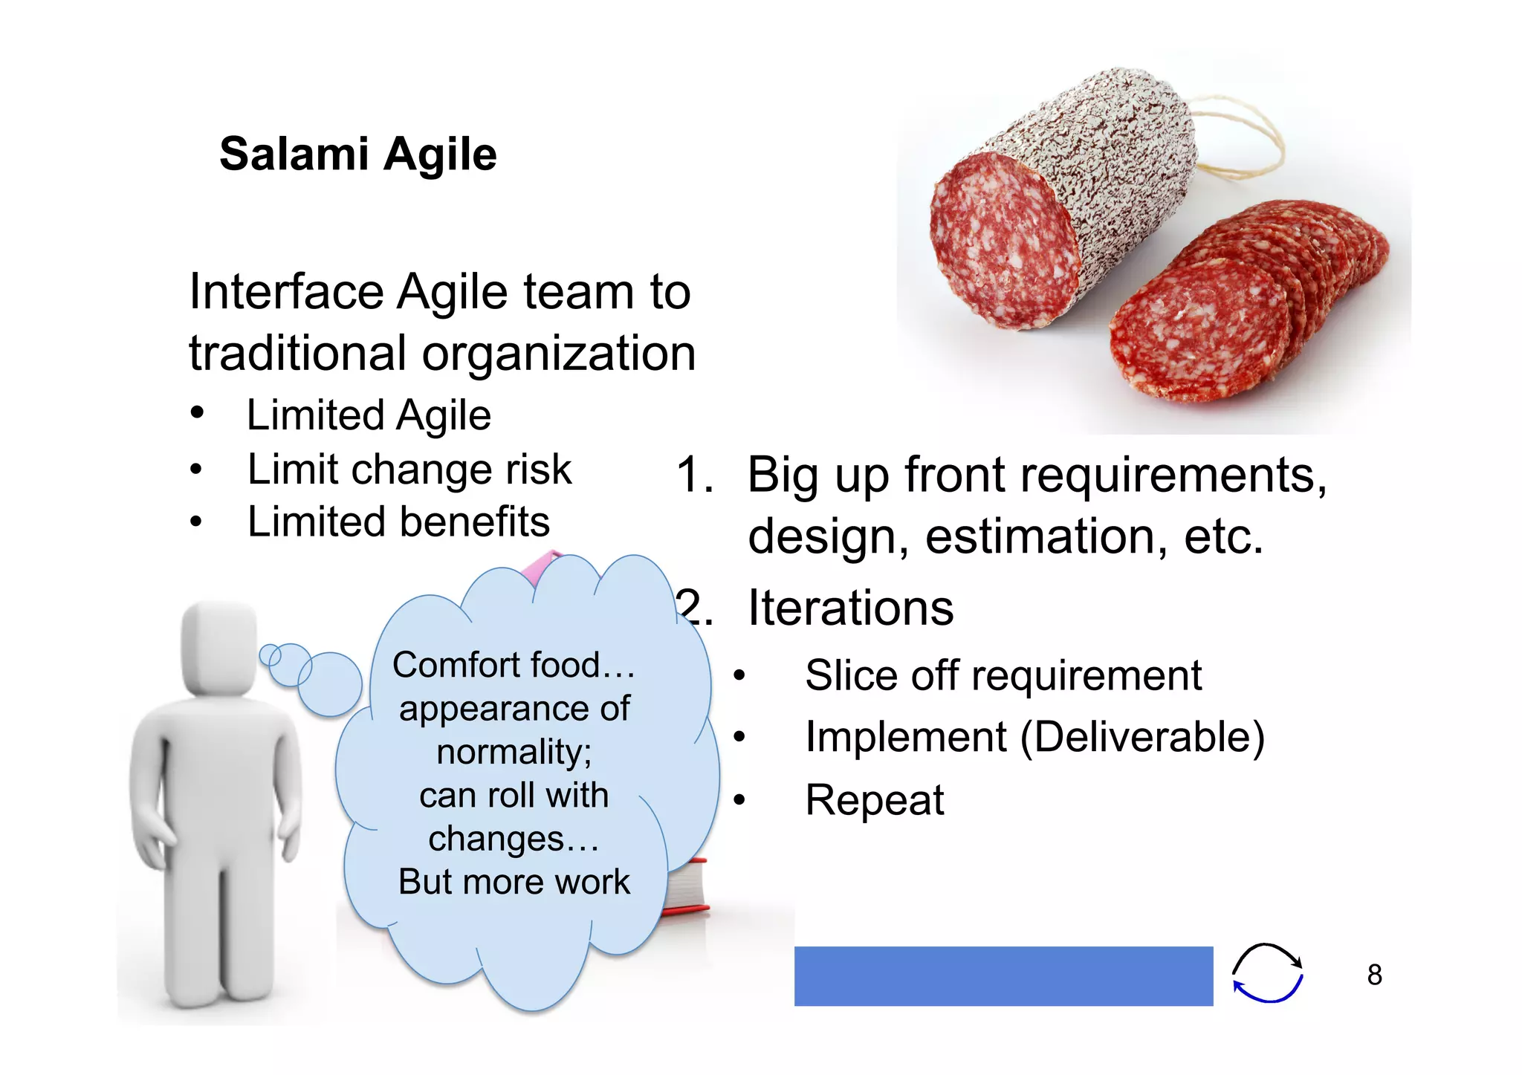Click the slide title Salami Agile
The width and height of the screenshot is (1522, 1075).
pyautogui.click(x=357, y=155)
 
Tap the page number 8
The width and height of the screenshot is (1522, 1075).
pyautogui.click(x=1374, y=975)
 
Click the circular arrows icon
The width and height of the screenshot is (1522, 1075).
pyautogui.click(x=1267, y=973)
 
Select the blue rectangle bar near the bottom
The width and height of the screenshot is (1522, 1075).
pyautogui.click(x=1003, y=975)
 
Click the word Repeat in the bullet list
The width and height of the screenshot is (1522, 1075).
pyautogui.click(x=874, y=800)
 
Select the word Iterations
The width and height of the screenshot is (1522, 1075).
pyautogui.click(x=850, y=608)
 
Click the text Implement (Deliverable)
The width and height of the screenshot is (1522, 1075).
pyautogui.click(x=1034, y=737)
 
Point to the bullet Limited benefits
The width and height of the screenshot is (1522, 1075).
pyautogui.click(x=398, y=522)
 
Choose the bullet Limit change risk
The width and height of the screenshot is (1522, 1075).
pyautogui.click(x=409, y=470)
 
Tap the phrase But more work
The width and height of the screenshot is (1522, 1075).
pyautogui.click(x=514, y=882)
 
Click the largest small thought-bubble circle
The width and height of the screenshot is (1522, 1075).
pyautogui.click(x=330, y=684)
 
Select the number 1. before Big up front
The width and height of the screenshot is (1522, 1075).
pyautogui.click(x=694, y=475)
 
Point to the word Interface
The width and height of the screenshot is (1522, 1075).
pyautogui.click(x=286, y=291)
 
